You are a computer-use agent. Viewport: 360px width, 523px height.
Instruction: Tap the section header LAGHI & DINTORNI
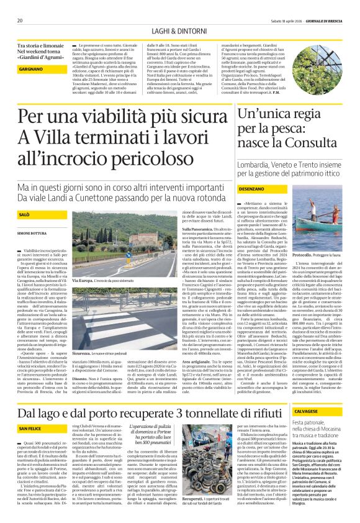pyautogui.click(x=179, y=31)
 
